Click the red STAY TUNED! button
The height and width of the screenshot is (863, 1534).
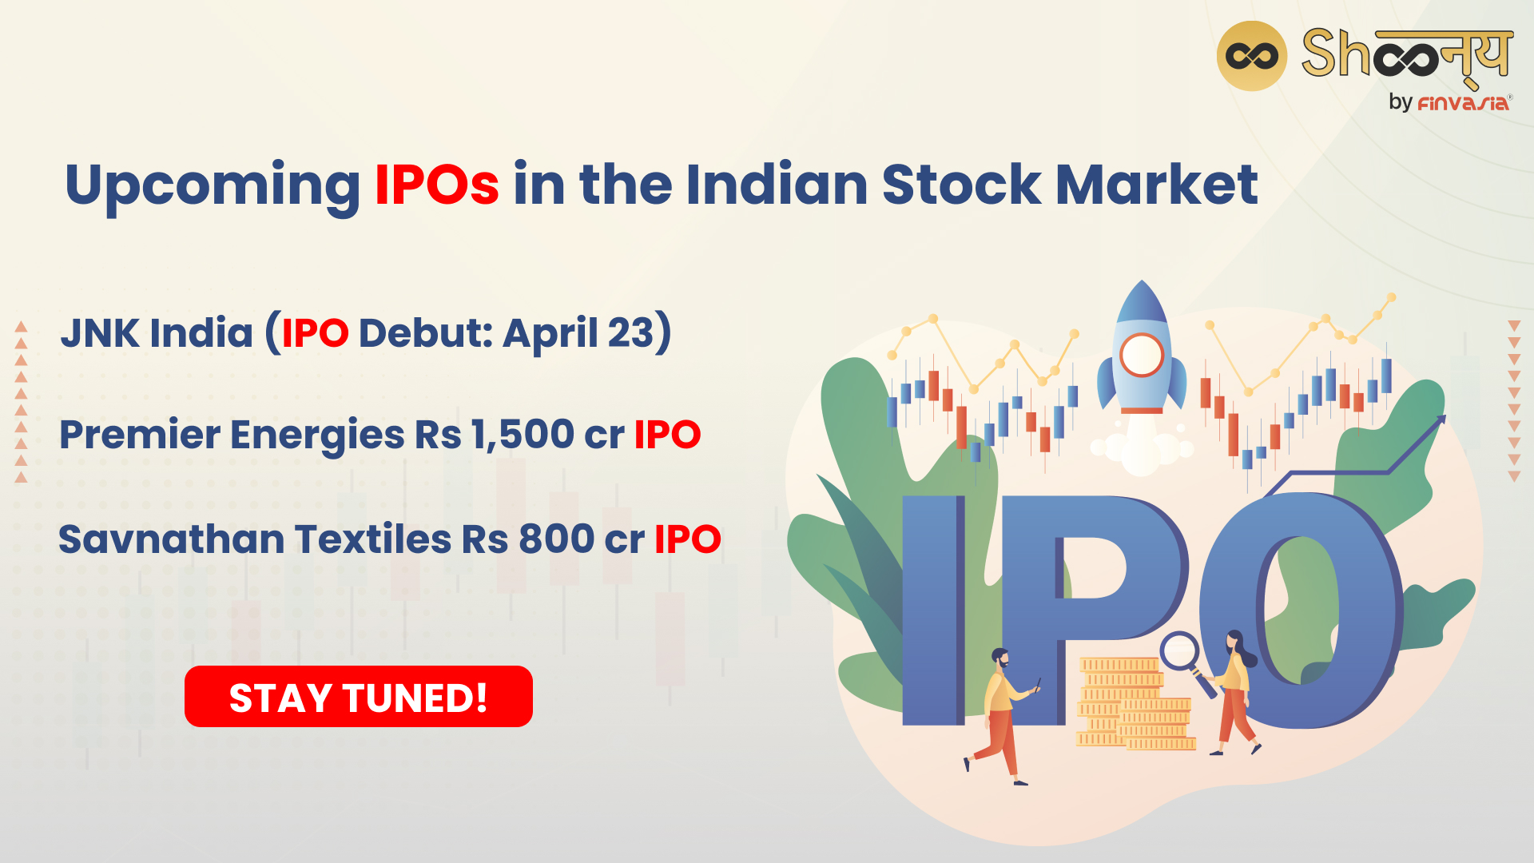pos(359,696)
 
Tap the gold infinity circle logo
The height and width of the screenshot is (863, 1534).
pos(1251,56)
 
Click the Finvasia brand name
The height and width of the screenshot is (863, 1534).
pos(1463,103)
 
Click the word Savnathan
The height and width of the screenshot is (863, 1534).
pos(172,539)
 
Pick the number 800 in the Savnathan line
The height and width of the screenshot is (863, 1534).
pos(557,539)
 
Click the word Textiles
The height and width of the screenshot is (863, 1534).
pos(373,539)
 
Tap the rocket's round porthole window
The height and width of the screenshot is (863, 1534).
pos(1142,355)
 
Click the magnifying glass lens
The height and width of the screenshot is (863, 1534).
pos(1179,650)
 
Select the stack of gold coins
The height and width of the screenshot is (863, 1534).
pos(1135,703)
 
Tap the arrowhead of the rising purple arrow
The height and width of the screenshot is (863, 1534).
pos(1439,421)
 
